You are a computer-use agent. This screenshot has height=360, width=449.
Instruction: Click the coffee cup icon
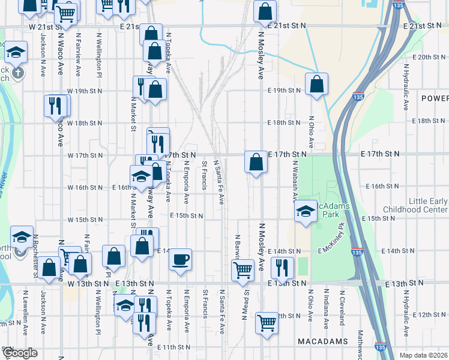click(180, 260)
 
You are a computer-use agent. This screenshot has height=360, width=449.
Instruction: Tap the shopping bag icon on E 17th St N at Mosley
click(256, 162)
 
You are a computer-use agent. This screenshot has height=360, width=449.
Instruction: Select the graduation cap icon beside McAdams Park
click(306, 212)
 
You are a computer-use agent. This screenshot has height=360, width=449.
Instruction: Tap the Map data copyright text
click(423, 355)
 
